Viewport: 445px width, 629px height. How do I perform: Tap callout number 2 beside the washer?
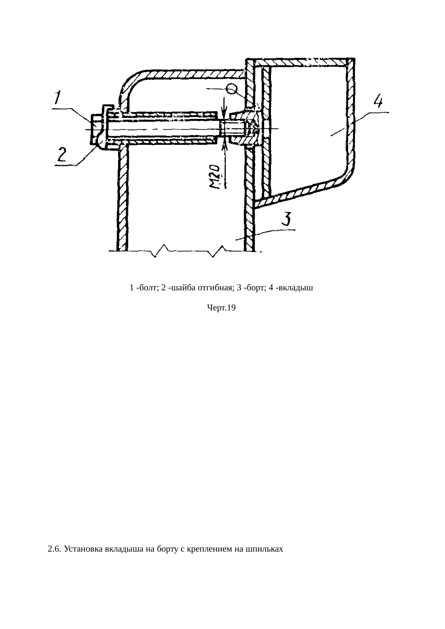61,156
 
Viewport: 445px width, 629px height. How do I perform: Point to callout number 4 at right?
378,100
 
